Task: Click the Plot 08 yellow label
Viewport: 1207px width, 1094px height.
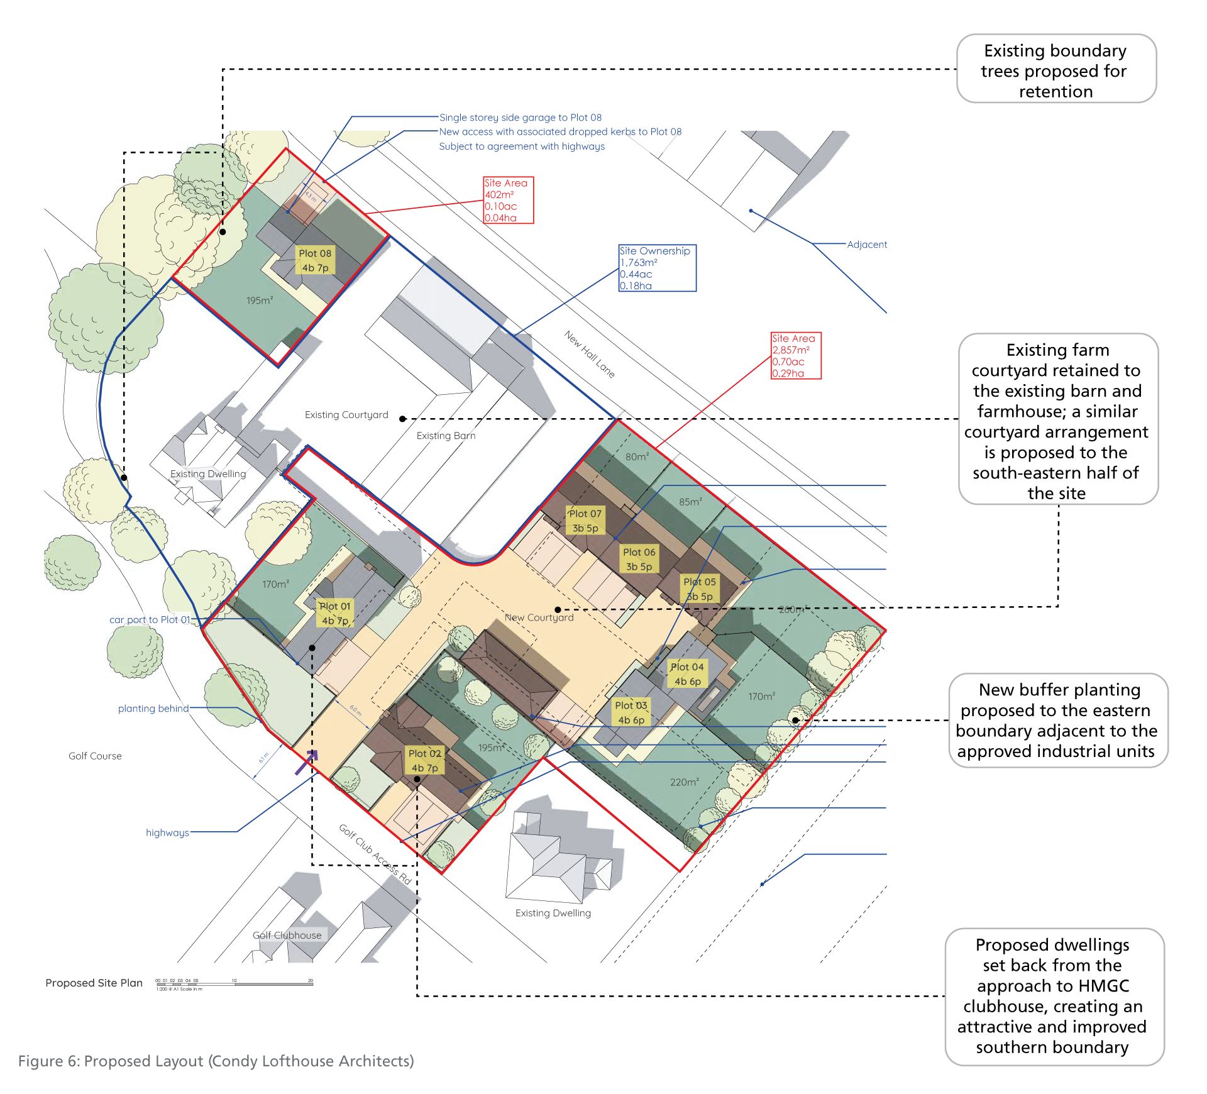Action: tap(315, 260)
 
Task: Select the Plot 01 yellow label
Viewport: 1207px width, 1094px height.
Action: tap(334, 613)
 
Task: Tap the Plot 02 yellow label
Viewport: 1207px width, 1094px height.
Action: tap(425, 760)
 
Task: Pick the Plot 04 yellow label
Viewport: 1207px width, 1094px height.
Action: tap(687, 674)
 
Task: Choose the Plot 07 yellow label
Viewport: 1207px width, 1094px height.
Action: tap(585, 521)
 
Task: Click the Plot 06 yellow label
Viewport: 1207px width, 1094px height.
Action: tap(639, 559)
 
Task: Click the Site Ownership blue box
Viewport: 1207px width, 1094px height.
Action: tap(657, 268)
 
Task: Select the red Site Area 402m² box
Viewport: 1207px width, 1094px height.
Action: tap(508, 200)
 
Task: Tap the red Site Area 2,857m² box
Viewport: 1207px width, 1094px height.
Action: tap(796, 356)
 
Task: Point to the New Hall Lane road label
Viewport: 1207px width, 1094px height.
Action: tap(589, 354)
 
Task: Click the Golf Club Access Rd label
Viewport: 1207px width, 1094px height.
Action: tap(375, 854)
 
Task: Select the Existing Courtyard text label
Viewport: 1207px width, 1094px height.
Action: tap(346, 415)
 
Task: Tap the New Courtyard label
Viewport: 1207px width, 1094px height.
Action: tap(539, 617)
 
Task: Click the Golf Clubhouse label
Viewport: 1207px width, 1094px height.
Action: tap(287, 935)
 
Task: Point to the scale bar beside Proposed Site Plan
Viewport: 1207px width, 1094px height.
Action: tap(234, 983)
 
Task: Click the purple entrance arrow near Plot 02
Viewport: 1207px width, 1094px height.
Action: tap(307, 761)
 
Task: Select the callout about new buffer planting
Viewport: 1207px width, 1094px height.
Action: tap(1057, 720)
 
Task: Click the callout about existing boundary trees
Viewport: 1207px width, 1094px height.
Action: tap(1055, 69)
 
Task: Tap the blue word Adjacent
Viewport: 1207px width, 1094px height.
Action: tap(867, 245)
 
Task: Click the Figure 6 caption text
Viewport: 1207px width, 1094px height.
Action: tap(216, 1061)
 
